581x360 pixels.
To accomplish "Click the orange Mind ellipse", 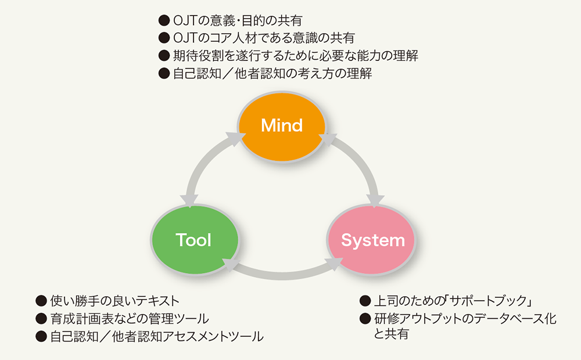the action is pos(282,127).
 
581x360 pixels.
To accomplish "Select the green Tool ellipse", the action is pos(195,240).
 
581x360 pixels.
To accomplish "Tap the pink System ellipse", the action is pos(372,240).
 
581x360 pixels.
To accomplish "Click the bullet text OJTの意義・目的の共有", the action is pos(238,20).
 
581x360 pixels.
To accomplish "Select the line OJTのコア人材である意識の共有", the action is pos(264,38).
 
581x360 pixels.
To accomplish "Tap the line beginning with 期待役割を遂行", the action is pos(296,56).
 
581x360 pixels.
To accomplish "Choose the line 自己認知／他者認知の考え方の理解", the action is pos(272,73).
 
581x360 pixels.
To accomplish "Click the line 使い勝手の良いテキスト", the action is pos(115,301).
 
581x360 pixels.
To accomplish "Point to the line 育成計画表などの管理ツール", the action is pos(130,319).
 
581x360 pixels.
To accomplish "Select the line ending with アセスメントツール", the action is pos(157,336).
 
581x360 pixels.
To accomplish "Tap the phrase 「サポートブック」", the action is pos(489,301).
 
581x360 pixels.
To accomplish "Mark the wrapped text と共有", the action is pos(391,334).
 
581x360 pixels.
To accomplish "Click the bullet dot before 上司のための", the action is pos(365,301).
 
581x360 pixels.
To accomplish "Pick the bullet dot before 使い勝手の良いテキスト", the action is pos(41,301).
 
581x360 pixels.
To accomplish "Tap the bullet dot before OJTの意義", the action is pos(164,20).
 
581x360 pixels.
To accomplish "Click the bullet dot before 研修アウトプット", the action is pos(365,319).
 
